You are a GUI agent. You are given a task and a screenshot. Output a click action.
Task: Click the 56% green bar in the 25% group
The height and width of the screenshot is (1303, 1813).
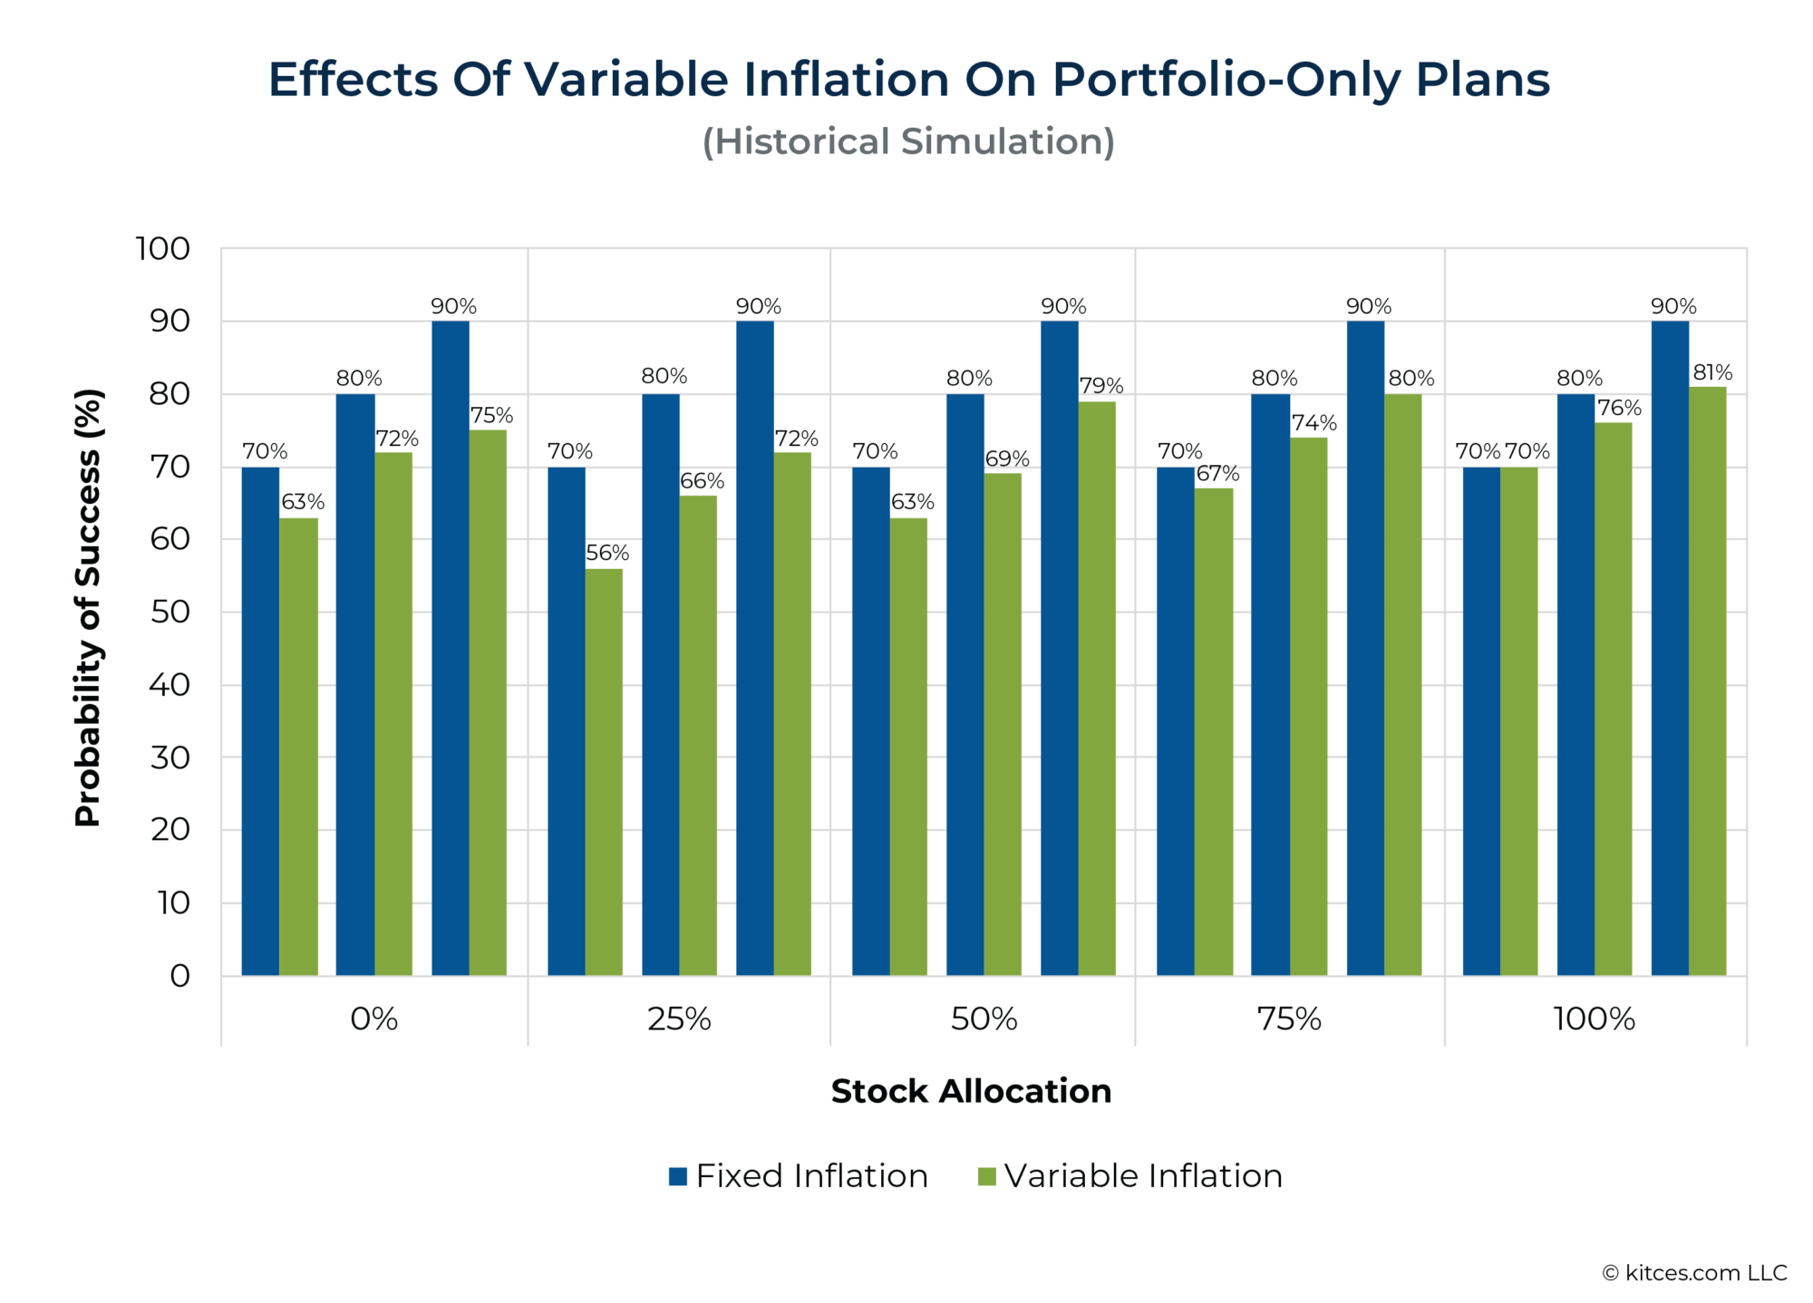click(x=604, y=770)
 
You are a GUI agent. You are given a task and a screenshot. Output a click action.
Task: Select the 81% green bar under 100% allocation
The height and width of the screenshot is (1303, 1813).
click(x=1707, y=680)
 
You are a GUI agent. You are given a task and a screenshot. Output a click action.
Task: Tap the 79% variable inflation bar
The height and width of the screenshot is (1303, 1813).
click(x=1097, y=689)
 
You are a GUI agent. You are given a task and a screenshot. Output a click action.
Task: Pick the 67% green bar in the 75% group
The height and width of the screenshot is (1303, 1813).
click(x=1214, y=730)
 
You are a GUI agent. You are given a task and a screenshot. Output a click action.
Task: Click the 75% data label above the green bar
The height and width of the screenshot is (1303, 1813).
click(x=491, y=416)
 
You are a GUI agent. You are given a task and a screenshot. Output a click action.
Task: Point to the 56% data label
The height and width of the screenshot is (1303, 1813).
click(x=607, y=553)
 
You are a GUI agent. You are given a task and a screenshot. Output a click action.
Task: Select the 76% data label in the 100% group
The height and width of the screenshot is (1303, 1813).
click(x=1619, y=409)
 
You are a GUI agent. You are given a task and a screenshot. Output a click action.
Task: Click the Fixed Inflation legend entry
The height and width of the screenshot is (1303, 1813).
click(x=798, y=1176)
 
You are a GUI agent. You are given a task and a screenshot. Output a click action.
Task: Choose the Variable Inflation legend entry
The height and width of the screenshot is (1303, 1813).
click(x=1129, y=1176)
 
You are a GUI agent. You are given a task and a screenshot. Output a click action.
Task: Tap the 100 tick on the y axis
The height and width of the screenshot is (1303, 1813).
click(x=163, y=248)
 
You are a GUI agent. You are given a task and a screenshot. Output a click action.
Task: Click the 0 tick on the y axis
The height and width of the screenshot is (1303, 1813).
click(x=179, y=976)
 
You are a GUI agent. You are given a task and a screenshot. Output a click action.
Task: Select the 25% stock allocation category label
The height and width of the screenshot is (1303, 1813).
click(x=679, y=1019)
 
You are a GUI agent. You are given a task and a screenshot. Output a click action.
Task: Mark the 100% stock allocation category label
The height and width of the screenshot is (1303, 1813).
click(x=1594, y=1019)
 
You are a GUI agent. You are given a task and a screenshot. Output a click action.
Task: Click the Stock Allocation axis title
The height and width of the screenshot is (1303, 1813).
click(x=971, y=1091)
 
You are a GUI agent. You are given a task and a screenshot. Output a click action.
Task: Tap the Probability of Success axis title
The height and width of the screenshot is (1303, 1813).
click(x=88, y=607)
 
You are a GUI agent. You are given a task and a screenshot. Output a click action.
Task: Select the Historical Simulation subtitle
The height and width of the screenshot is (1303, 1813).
click(x=908, y=142)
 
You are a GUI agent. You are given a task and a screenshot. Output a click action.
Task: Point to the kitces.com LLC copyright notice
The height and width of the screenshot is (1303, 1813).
click(x=1694, y=1273)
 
